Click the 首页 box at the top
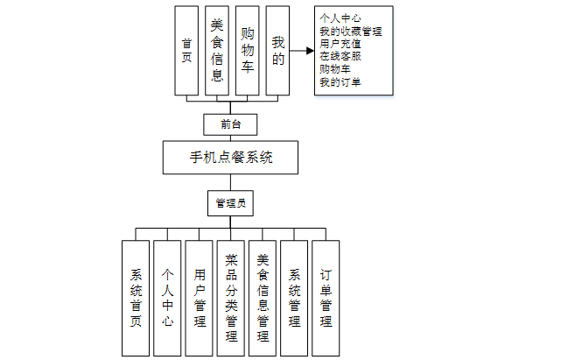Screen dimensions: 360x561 click(186, 51)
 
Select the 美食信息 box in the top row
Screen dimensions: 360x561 click(218, 51)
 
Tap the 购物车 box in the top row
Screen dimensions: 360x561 click(249, 51)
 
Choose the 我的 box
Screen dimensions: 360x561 click(278, 51)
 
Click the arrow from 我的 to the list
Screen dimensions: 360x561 click(303, 51)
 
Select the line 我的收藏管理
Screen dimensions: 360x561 click(351, 32)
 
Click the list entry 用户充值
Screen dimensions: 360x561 click(341, 45)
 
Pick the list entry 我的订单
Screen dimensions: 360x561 click(341, 83)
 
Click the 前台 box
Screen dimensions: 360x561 click(231, 124)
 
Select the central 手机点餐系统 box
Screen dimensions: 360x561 click(231, 159)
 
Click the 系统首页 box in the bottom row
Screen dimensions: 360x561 click(136, 298)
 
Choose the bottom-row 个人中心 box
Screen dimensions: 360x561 click(167, 298)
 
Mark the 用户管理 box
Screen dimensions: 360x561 click(200, 298)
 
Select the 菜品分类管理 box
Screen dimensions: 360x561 click(231, 298)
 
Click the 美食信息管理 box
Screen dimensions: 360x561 click(263, 298)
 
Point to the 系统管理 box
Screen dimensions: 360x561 click(294, 298)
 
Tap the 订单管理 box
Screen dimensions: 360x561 click(326, 298)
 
